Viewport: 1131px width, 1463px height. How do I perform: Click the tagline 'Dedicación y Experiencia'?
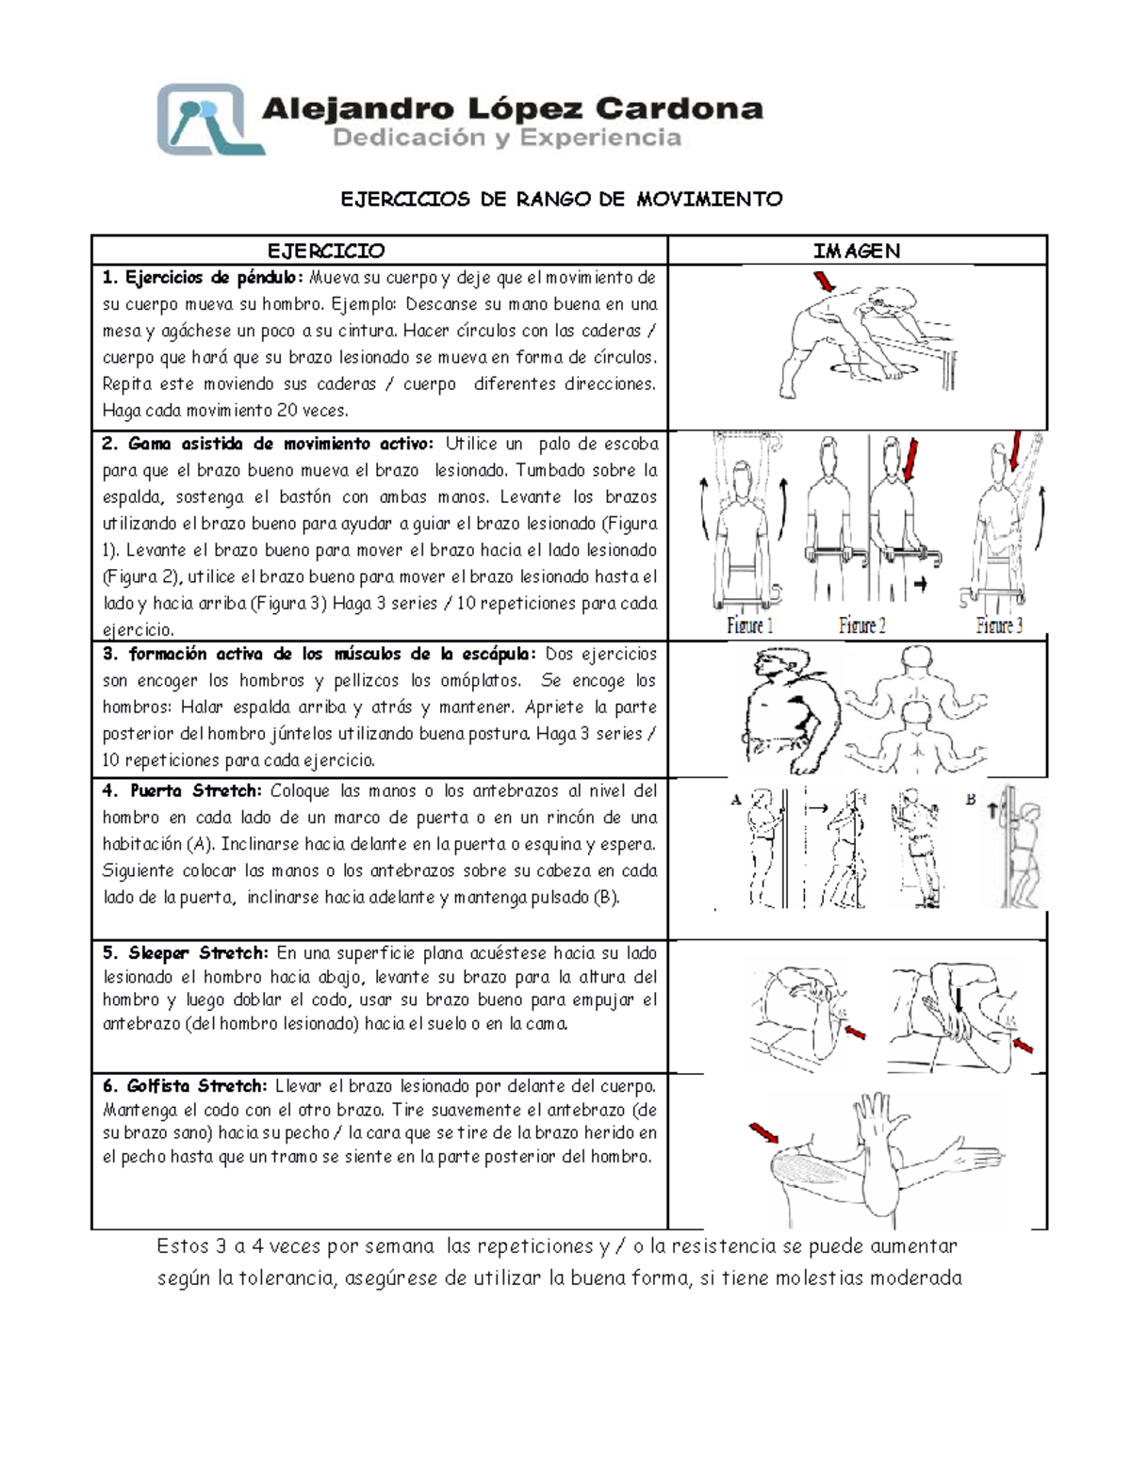[507, 138]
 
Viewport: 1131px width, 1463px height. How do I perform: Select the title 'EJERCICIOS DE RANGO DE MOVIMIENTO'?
[561, 199]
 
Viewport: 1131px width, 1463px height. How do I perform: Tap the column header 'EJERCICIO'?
[326, 251]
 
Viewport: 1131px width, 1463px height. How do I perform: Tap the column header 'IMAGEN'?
[857, 251]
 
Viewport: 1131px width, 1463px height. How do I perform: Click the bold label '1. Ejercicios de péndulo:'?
[204, 278]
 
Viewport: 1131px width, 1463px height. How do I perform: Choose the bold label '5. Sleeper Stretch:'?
[187, 952]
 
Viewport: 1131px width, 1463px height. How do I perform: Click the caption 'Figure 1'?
[750, 625]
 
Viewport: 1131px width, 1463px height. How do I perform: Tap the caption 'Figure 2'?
[861, 625]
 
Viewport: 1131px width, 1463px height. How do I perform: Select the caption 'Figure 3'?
[998, 625]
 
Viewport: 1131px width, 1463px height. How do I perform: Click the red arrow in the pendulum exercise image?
[825, 281]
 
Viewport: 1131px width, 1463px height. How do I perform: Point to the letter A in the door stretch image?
[736, 801]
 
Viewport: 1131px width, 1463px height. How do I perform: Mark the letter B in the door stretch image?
[970, 800]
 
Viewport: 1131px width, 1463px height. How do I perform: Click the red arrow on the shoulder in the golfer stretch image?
[763, 1132]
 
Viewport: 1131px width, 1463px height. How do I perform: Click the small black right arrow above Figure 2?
[920, 584]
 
